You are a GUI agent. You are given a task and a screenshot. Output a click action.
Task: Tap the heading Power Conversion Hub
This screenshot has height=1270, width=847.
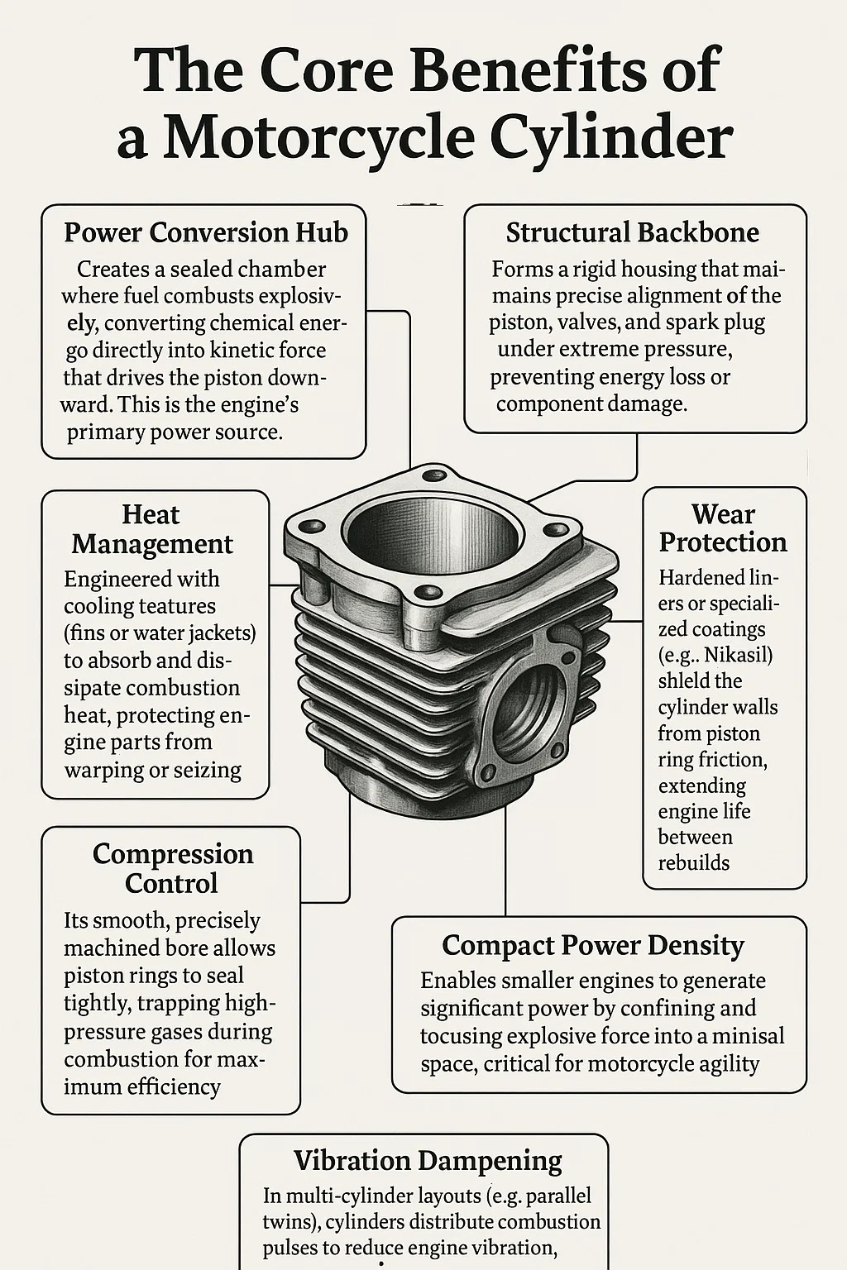(206, 232)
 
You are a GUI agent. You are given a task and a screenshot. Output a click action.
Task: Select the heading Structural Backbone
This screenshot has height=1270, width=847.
(633, 232)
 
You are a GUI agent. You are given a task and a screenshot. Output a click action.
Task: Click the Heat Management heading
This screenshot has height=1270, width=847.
(152, 529)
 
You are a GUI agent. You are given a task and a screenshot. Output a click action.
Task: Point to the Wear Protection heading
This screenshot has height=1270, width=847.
(723, 528)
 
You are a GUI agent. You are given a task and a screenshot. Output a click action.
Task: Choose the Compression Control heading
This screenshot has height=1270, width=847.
(173, 869)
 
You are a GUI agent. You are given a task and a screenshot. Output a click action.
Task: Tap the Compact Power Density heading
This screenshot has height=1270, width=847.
(593, 946)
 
